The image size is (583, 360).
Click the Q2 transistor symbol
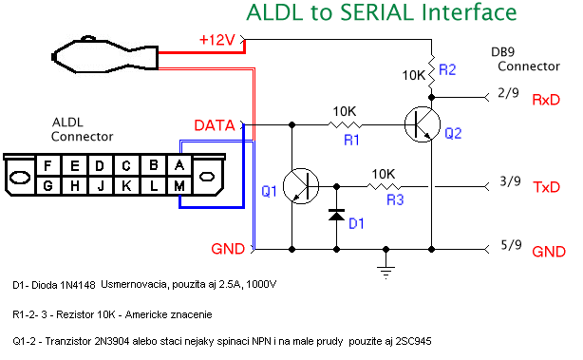(423, 124)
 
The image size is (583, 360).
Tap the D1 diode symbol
(336, 215)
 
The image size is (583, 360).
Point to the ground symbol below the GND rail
(386, 272)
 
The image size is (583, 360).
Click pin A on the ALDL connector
(179, 164)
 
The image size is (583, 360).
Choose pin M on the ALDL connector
(179, 185)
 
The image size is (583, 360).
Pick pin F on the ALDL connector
(47, 165)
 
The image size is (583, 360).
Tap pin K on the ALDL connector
(126, 185)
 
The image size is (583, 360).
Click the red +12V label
(217, 40)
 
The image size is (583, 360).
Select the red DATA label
(215, 125)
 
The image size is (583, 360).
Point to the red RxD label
(546, 100)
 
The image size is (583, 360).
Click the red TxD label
(547, 187)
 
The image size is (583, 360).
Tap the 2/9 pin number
(508, 92)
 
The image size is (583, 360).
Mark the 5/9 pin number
(511, 245)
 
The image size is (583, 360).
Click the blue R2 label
(447, 69)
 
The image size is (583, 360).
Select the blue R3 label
(395, 199)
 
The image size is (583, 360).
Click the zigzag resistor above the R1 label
(345, 124)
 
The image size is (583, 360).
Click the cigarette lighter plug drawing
(104, 54)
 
